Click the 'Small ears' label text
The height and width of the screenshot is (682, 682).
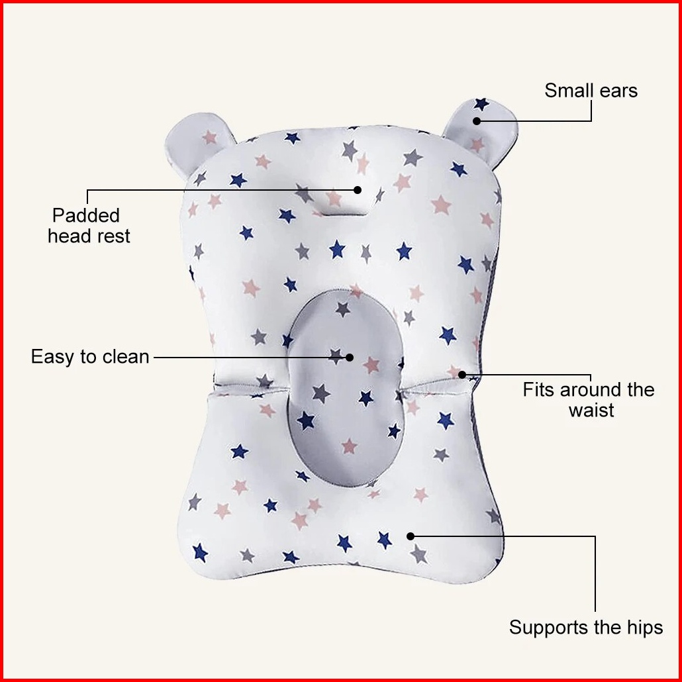[x=591, y=91]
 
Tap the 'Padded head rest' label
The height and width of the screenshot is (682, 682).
[x=89, y=226]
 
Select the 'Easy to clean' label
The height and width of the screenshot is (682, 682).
[x=90, y=357]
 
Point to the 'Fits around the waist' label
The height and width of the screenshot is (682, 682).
[x=589, y=400]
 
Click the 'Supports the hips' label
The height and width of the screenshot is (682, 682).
[x=586, y=627]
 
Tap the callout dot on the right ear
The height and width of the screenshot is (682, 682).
[x=477, y=121]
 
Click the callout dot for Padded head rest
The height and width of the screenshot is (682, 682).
[x=358, y=189]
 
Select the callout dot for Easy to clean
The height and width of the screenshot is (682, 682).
[x=349, y=358]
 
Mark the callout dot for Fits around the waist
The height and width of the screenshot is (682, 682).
[x=462, y=374]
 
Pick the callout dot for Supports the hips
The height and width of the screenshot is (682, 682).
[x=410, y=536]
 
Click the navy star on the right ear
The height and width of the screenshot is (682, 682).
[x=481, y=103]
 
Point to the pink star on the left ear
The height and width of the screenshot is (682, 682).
[x=210, y=138]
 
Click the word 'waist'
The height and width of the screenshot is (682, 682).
[x=591, y=410]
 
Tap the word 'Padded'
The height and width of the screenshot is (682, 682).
[x=86, y=215]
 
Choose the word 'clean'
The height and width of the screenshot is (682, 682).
[x=126, y=357]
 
